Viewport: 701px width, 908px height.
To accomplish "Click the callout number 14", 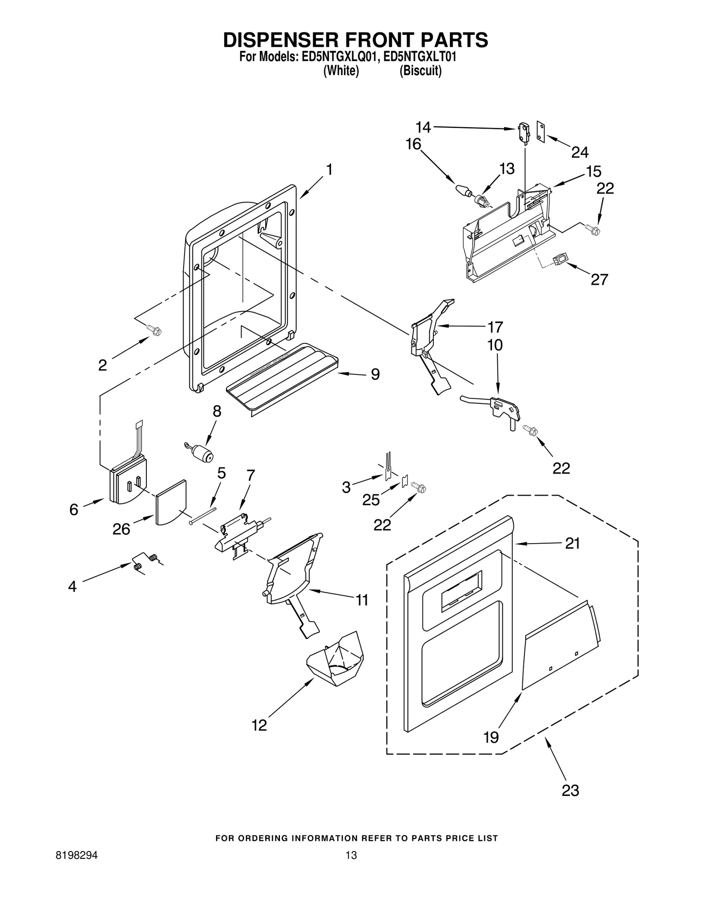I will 423,127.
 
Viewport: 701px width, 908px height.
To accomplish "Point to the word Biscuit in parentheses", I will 420,71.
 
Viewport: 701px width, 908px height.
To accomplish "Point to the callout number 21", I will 572,543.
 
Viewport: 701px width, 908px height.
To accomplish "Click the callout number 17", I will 496,327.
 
